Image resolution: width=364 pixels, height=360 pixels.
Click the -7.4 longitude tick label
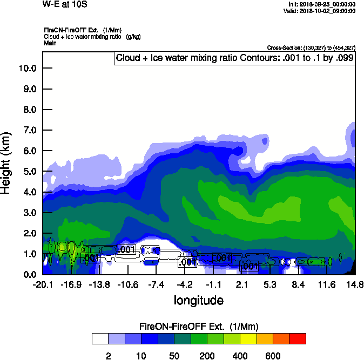(x=157, y=284)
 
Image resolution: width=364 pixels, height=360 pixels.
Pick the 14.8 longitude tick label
(x=354, y=284)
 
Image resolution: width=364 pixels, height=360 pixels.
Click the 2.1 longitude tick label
(x=242, y=284)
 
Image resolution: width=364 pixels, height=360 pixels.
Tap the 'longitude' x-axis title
(x=198, y=300)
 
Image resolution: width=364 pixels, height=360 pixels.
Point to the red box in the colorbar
(x=297, y=338)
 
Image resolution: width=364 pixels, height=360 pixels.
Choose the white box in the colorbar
(x=99, y=338)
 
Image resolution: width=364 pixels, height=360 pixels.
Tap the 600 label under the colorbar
(x=272, y=356)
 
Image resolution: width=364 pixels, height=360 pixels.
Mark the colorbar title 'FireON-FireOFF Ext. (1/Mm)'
(x=198, y=327)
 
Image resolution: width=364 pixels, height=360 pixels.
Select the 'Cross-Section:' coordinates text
(x=311, y=47)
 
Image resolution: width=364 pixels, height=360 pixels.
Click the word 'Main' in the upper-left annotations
(x=50, y=42)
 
